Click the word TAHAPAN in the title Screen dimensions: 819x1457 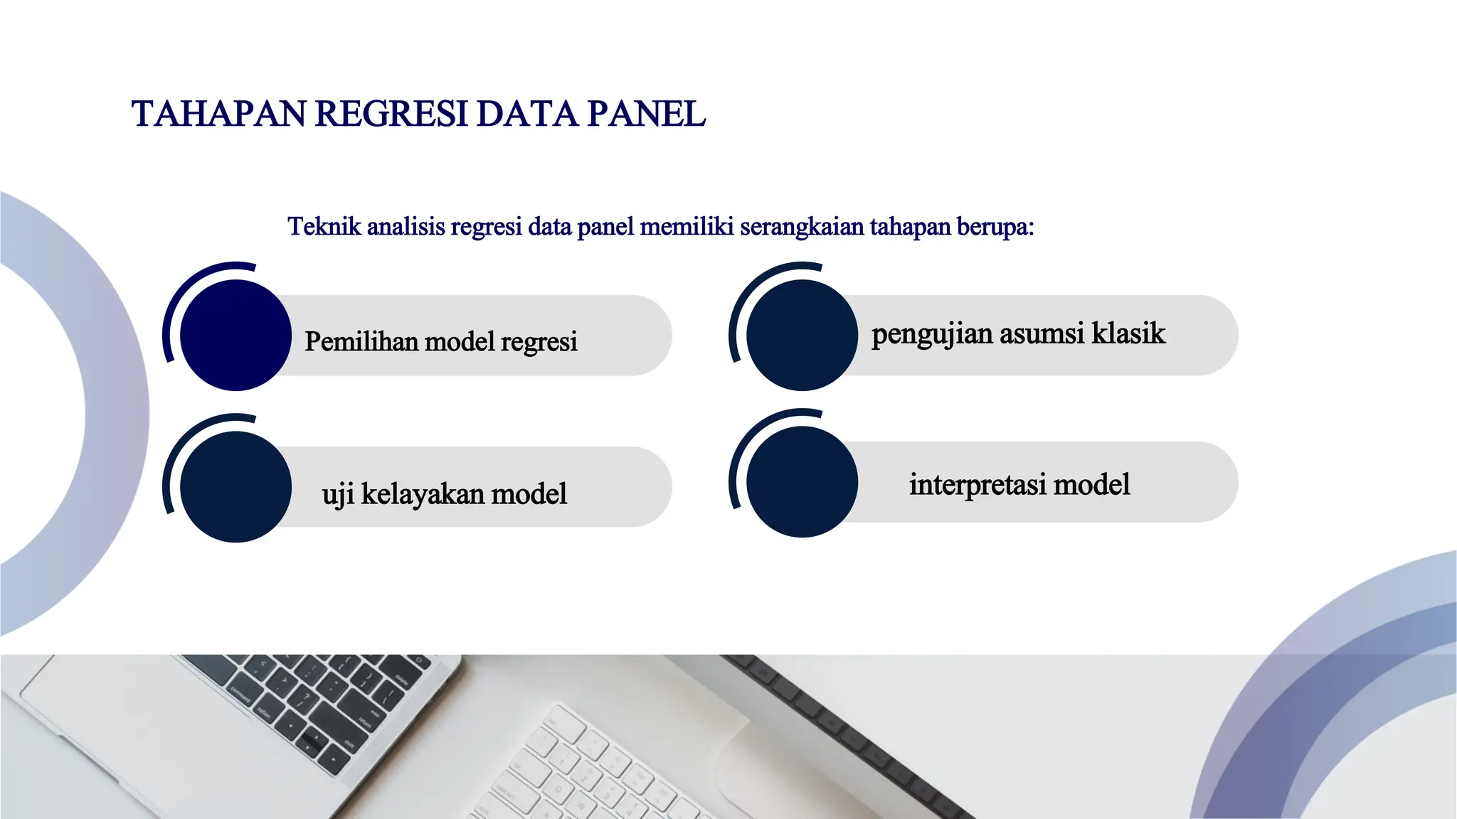pos(218,114)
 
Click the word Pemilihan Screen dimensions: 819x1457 pos(361,342)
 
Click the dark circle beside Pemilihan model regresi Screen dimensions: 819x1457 pos(235,335)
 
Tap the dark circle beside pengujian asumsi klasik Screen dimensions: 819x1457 pos(802,335)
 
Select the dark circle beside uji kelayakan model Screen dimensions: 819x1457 pos(235,487)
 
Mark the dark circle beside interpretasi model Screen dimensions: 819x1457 pos(802,482)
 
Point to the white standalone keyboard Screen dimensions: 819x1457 pos(605,768)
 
